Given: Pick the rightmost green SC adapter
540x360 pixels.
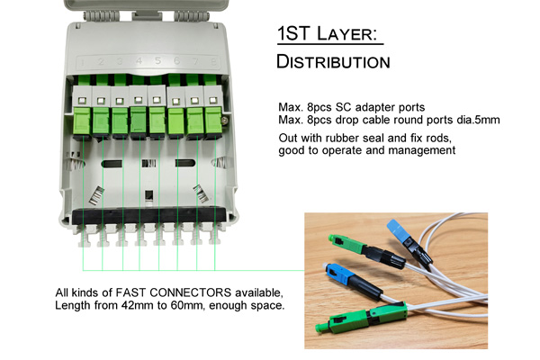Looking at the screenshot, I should point(213,121).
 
